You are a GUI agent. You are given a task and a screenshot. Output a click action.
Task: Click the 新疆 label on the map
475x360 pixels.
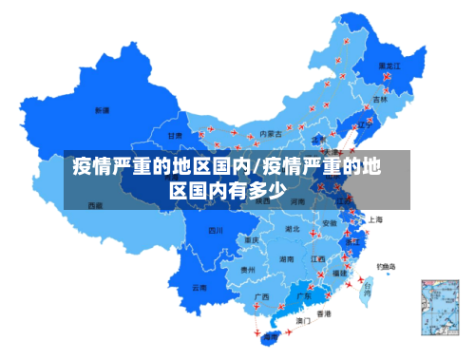point(102,110)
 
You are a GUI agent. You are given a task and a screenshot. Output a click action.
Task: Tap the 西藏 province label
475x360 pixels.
point(96,205)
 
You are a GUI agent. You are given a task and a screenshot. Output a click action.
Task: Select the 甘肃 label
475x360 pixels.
point(176,136)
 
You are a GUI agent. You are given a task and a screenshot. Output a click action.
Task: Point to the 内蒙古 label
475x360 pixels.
point(271,134)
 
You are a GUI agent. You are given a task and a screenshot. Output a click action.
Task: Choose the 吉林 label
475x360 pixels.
point(380,99)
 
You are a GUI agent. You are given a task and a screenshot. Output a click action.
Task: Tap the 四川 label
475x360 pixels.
point(216,230)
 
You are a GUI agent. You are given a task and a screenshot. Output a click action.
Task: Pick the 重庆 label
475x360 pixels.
point(252,240)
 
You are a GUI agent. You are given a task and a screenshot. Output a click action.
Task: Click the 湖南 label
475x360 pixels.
point(286,258)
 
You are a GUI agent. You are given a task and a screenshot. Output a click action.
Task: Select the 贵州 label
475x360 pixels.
point(248,270)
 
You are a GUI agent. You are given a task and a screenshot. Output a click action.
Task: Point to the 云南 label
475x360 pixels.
point(199,287)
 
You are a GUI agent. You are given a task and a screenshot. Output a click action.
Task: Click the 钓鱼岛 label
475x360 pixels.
point(388,266)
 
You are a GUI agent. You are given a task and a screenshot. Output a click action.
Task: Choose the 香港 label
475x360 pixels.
point(324,313)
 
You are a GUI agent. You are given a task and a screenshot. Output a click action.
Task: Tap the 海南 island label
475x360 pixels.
point(272,337)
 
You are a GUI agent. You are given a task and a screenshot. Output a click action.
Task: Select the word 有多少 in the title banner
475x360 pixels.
point(256,190)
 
